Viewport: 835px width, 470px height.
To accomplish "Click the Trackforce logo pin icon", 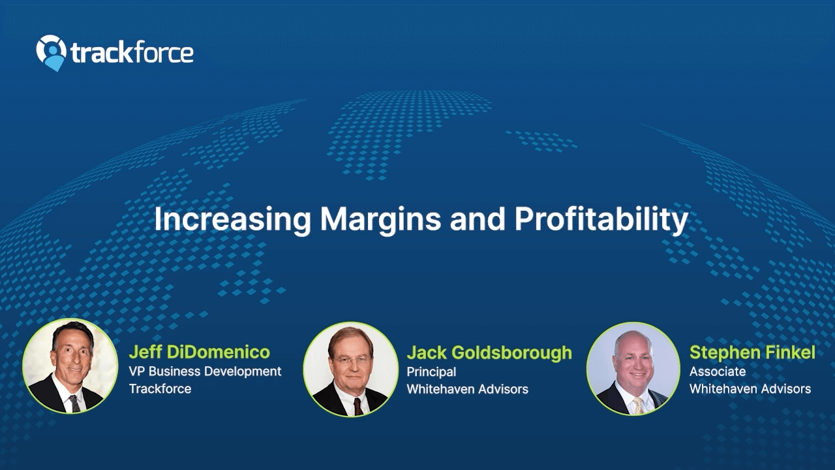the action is [51, 53].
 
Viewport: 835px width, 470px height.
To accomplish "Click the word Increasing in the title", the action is [233, 219].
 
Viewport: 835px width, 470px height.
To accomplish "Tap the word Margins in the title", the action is [380, 219].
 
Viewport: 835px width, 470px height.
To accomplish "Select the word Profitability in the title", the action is [601, 219].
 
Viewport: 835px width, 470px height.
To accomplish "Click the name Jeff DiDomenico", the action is [200, 352].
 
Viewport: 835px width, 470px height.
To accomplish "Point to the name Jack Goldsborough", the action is [489, 352].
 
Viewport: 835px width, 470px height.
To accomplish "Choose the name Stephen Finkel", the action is [752, 352].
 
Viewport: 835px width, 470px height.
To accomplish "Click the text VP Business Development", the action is [205, 371].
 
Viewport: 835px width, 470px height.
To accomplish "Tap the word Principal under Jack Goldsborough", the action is [431, 372].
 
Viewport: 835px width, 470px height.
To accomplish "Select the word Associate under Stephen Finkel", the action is [718, 371].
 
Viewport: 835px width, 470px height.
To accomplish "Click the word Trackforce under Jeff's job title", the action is [160, 388].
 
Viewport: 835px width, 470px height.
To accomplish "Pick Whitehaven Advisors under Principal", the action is [468, 389].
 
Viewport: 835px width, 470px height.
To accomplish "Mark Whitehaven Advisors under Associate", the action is [750, 388].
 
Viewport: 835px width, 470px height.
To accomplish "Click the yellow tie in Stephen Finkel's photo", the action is [638, 405].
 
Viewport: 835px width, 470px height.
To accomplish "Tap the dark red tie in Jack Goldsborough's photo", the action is [358, 407].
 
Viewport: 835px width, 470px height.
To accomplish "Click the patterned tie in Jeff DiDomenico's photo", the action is [74, 403].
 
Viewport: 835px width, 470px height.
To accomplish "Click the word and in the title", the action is [478, 219].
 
